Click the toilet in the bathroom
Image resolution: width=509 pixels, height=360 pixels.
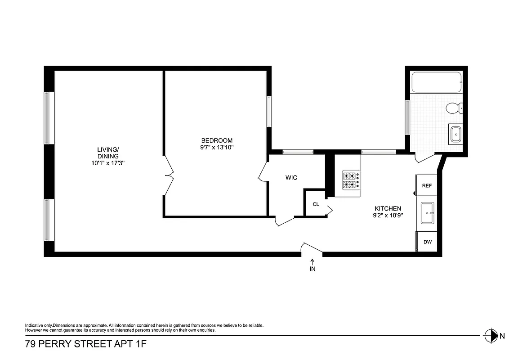(454, 108)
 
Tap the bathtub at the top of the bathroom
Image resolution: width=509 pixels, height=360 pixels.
(437, 82)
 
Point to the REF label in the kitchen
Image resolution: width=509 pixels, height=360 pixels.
(427, 185)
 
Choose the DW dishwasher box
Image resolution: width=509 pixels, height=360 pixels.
(427, 242)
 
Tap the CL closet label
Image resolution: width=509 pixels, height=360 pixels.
(316, 204)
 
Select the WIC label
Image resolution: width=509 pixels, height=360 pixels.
(291, 178)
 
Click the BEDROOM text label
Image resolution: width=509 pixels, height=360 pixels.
(217, 140)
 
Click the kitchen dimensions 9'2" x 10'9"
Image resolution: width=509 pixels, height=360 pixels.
(388, 215)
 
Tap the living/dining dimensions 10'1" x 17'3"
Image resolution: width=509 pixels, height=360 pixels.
(107, 163)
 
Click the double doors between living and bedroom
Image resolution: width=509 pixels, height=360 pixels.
(168, 175)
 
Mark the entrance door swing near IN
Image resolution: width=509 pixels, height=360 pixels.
(312, 248)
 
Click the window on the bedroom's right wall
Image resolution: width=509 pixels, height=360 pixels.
(269, 111)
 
